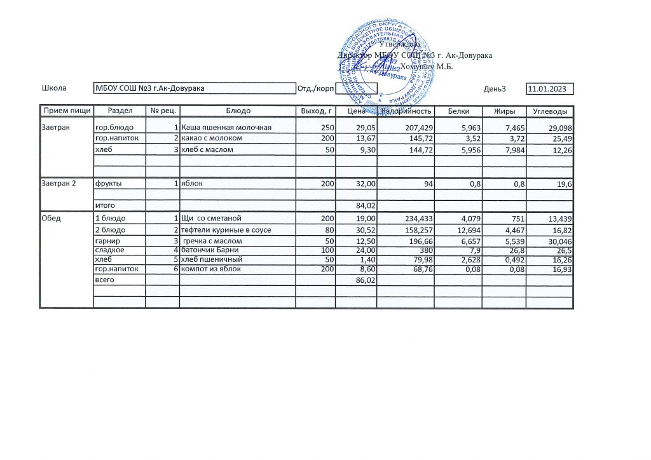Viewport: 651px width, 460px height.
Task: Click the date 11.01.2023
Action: (549, 88)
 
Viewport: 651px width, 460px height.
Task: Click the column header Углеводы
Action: (551, 111)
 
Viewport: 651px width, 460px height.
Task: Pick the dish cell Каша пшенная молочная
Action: (227, 128)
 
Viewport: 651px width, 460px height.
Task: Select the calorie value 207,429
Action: (418, 128)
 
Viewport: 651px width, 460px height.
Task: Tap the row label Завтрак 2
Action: (59, 184)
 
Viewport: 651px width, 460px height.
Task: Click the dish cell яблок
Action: (191, 184)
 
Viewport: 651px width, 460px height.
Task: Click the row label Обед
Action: (51, 219)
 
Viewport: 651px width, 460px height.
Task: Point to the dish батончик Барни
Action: (210, 250)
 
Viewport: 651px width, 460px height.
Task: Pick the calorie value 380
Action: (425, 250)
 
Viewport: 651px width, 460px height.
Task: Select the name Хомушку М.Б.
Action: (427, 66)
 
